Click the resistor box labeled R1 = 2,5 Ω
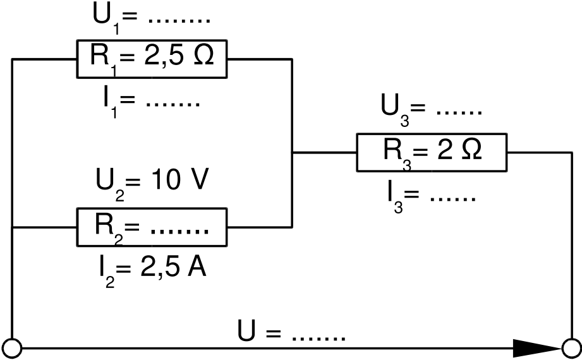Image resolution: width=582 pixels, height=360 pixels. tap(152, 59)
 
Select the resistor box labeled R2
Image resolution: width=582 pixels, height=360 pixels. tap(152, 227)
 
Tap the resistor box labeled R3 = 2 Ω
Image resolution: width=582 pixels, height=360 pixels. tap(432, 152)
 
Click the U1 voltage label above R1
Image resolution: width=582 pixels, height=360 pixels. tap(151, 16)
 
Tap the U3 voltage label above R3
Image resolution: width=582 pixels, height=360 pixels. tap(432, 107)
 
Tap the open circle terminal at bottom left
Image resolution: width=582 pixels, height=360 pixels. tap(12, 347)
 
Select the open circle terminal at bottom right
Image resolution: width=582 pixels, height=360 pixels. tap(571, 347)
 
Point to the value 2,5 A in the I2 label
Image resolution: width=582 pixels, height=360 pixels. tap(171, 268)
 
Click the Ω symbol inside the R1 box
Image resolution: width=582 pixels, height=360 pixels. tap(202, 57)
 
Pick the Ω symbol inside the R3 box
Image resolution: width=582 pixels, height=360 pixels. tap(470, 150)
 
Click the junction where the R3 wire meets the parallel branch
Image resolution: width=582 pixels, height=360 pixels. tap(291, 152)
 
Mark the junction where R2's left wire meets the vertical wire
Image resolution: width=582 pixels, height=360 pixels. tap(12, 227)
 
